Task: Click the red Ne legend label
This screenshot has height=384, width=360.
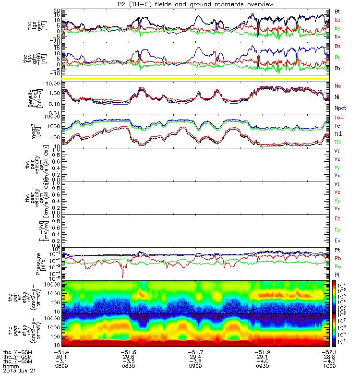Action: point(337,85)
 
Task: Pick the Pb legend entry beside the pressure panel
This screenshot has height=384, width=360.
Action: point(337,258)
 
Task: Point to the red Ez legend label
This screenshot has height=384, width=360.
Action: point(337,218)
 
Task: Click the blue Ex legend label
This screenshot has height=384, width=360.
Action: point(337,240)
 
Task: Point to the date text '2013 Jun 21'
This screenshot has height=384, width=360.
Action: point(19,371)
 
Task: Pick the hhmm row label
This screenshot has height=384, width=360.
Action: point(12,366)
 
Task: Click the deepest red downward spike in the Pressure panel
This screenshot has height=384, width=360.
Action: point(122,276)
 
